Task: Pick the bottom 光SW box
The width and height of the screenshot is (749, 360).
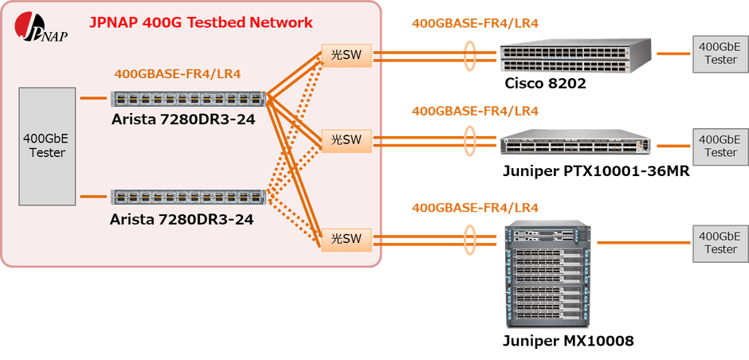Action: tap(346, 238)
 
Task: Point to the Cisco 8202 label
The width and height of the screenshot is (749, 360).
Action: tap(546, 84)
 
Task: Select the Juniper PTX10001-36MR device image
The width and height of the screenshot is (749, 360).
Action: tap(575, 143)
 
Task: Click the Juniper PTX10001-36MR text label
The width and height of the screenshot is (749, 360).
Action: tap(595, 170)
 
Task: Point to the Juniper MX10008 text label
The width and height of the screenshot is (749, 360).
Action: tap(568, 342)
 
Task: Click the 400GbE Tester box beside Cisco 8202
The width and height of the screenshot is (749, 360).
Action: tap(718, 53)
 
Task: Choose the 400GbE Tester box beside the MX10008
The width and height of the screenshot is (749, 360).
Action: tap(718, 242)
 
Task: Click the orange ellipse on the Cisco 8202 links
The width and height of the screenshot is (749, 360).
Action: tap(471, 54)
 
